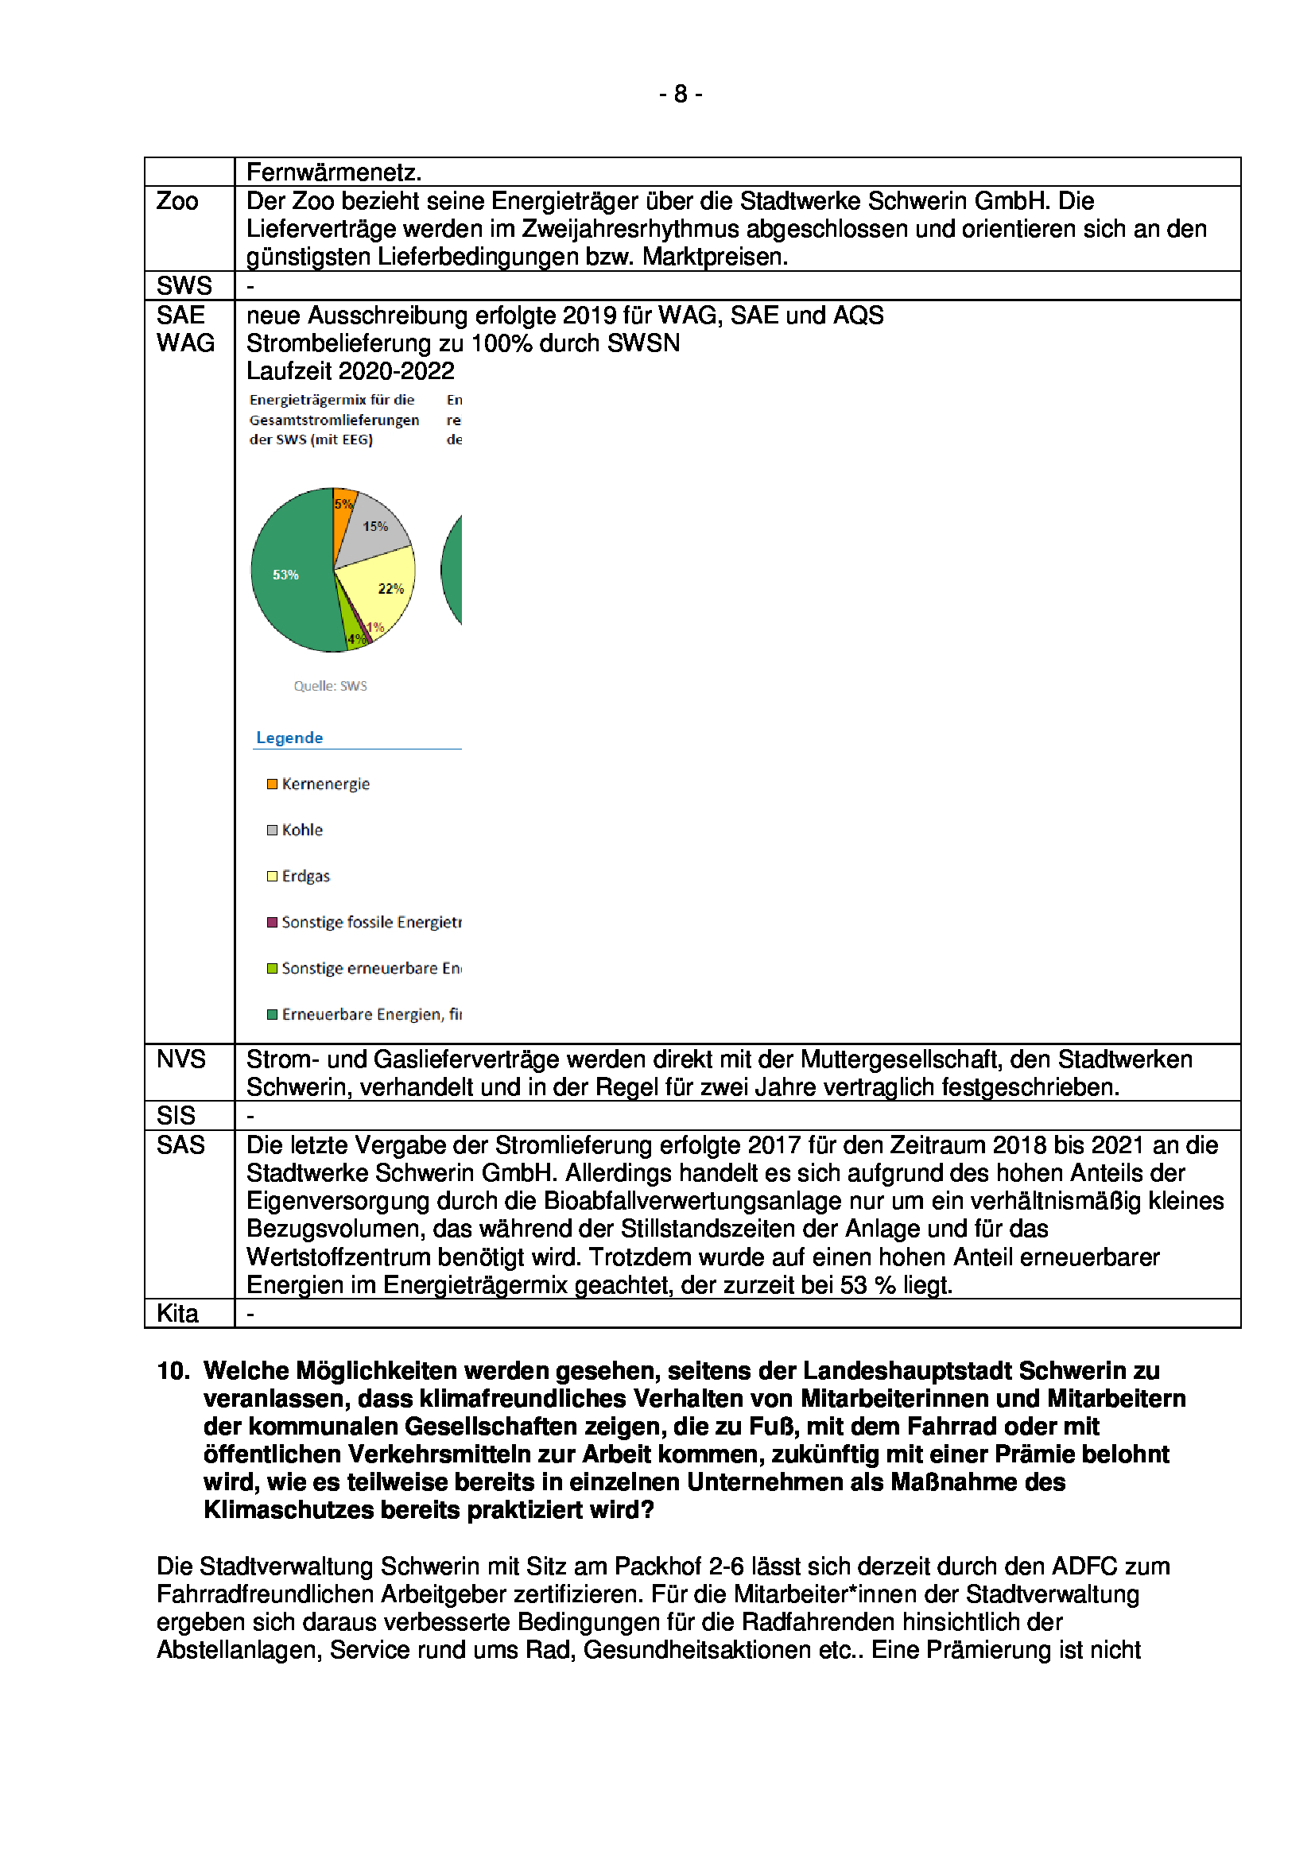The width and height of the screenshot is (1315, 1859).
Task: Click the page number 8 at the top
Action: pos(681,95)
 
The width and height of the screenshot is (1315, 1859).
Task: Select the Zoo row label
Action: pos(177,201)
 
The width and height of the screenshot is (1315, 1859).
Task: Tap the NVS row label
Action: pos(180,1059)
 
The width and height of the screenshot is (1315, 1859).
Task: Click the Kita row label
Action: pos(177,1313)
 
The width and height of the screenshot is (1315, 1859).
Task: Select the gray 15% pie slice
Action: pos(372,530)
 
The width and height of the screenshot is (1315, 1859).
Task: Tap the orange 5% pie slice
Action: pos(343,504)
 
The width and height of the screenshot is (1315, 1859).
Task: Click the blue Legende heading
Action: pos(289,738)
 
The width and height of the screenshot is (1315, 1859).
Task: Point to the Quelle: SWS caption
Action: pos(331,686)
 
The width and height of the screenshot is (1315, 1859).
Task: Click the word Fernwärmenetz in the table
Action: pos(334,172)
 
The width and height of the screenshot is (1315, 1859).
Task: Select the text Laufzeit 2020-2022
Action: pos(350,371)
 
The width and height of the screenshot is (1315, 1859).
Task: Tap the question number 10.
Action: pos(173,1370)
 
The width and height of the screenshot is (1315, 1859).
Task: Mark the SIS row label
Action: pos(176,1115)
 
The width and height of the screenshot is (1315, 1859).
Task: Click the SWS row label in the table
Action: pos(184,286)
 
